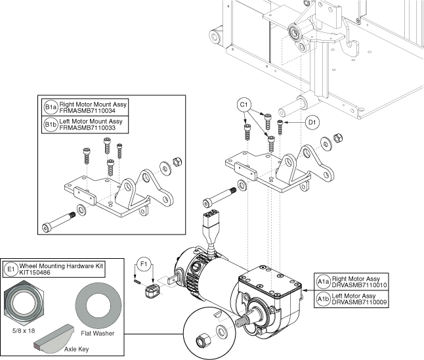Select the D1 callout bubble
point(312,122)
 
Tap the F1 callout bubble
point(146,265)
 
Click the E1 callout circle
point(11,269)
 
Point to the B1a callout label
point(51,107)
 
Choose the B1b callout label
point(51,123)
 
